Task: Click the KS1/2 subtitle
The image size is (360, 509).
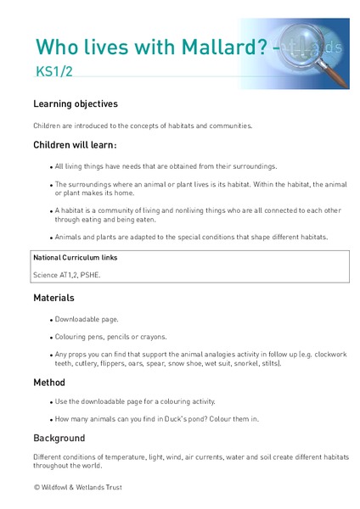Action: point(52,74)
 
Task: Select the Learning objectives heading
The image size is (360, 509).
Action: point(76,104)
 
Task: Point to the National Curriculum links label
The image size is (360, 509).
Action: point(75,256)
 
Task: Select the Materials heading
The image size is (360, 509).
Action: point(54,298)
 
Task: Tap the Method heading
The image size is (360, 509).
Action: point(49,382)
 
